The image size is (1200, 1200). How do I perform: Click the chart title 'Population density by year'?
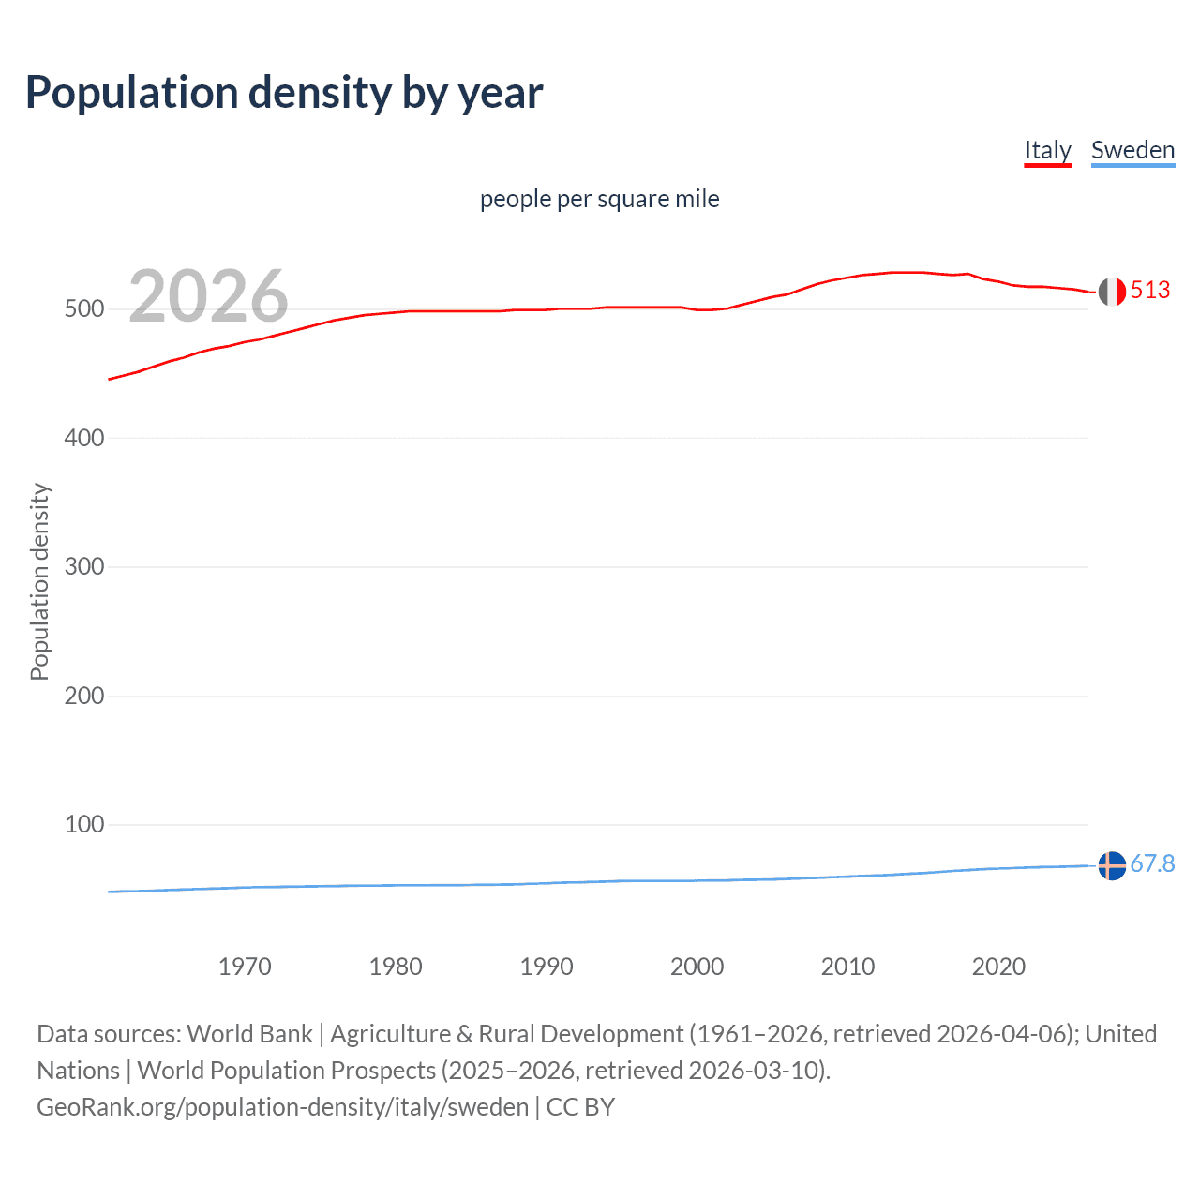(x=284, y=93)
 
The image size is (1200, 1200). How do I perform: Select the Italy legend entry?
(x=1047, y=150)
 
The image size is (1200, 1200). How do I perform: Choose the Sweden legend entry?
(x=1132, y=150)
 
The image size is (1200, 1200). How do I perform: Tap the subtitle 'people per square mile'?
(x=600, y=199)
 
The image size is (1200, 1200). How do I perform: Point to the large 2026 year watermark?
(x=208, y=296)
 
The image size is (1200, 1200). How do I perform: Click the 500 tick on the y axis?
(x=84, y=309)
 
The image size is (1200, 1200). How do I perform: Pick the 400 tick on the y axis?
(x=84, y=438)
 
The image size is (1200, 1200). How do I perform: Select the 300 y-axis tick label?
(x=84, y=567)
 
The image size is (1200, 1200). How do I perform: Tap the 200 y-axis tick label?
(x=84, y=696)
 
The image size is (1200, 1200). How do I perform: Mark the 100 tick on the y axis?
(x=84, y=825)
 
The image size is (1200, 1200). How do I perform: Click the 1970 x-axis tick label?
(x=245, y=967)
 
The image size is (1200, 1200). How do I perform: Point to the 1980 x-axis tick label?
(x=396, y=967)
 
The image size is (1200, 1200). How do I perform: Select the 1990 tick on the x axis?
(x=547, y=967)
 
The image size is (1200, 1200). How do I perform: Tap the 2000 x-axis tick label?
(x=697, y=967)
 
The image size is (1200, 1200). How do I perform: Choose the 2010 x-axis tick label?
(x=848, y=967)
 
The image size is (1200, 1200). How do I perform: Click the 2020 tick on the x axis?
(x=998, y=967)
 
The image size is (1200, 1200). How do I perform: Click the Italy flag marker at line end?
(x=1112, y=292)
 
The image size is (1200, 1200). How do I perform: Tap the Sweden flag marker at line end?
(x=1112, y=865)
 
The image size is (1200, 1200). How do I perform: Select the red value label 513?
(x=1150, y=291)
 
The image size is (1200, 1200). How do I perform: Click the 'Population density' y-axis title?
(x=39, y=581)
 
